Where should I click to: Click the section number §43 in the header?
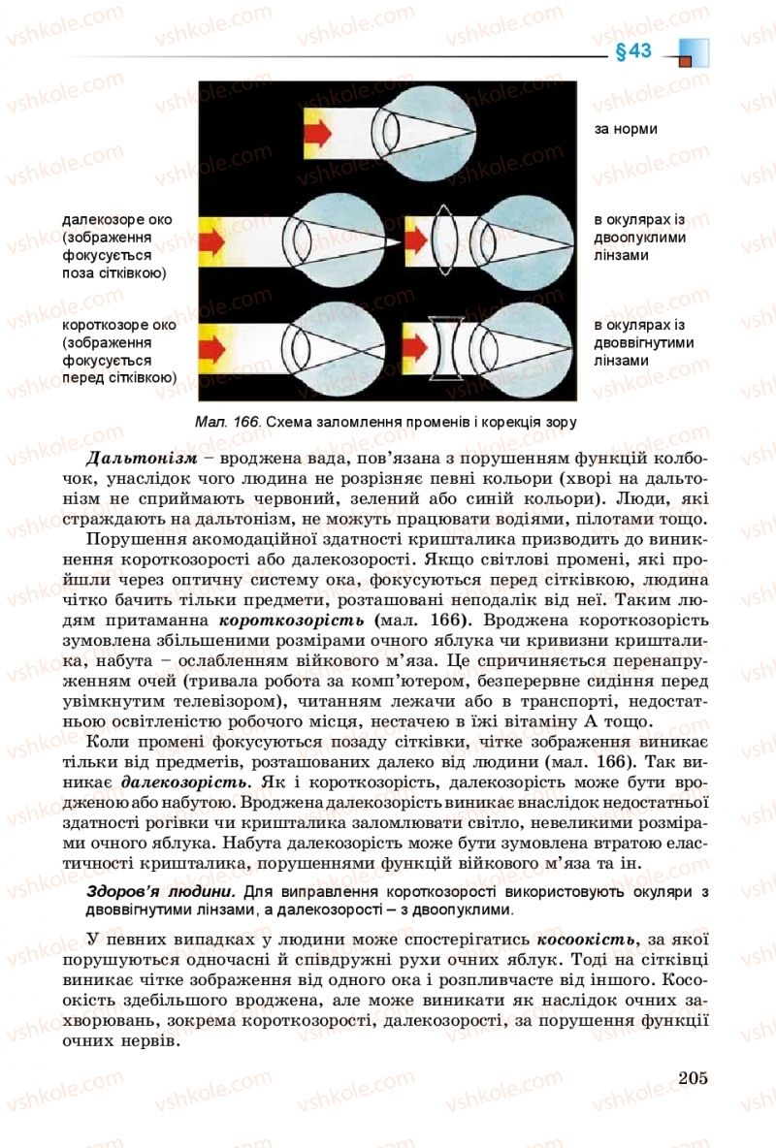click(x=632, y=52)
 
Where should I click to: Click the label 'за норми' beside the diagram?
click(x=626, y=128)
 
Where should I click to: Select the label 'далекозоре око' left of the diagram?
click(x=116, y=219)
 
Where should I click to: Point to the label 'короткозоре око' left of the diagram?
click(x=118, y=325)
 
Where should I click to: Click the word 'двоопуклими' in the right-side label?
click(x=640, y=238)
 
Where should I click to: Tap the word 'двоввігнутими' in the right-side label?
click(x=644, y=342)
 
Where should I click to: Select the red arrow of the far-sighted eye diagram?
click(x=213, y=238)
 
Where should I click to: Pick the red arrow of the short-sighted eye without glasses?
click(x=213, y=343)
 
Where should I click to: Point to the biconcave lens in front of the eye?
click(x=446, y=344)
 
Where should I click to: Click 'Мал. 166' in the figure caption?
click(x=228, y=422)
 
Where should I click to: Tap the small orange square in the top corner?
click(x=685, y=61)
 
